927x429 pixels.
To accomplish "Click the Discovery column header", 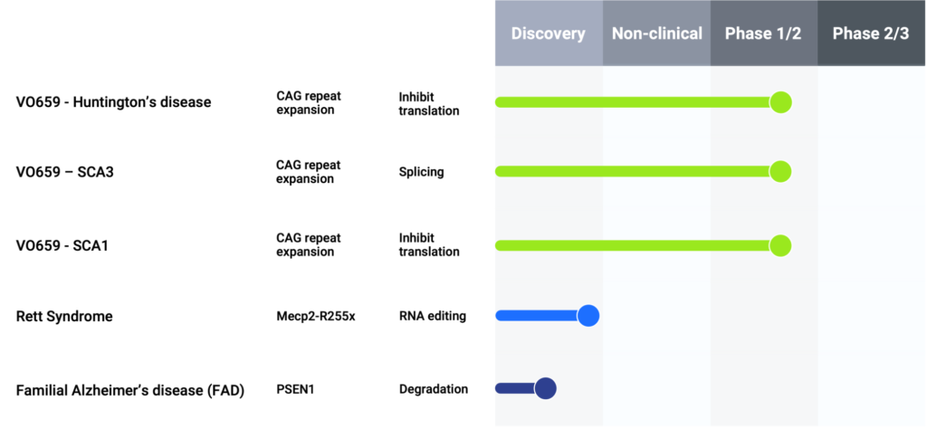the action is pos(549,33).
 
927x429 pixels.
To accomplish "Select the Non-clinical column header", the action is pos(657,33).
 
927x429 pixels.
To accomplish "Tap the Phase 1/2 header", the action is pos(763,33).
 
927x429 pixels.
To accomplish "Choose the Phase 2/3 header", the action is pos(871,33).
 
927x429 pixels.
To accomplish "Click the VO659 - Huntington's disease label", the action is pos(113,102).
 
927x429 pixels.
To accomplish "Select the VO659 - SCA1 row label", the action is pos(62,245).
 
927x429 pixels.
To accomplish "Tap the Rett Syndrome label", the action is pos(64,317).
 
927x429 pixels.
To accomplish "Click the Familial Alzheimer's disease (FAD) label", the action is pos(130,391).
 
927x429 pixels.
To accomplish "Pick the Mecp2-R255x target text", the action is pos(316,316).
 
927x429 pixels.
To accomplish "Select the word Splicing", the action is pos(422,172).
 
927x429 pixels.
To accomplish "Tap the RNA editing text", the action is pos(433,316).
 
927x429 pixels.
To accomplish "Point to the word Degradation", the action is pos(434,389).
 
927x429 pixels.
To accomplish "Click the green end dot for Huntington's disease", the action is pos(780,102).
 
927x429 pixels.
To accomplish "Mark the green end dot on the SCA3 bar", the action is pos(780,171).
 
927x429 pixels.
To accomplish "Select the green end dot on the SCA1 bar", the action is pos(780,245).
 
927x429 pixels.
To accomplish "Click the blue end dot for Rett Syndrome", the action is pos(588,316).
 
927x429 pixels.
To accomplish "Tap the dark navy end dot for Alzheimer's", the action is pos(545,388).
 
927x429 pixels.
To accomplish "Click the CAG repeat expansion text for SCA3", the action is pos(309,172).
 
